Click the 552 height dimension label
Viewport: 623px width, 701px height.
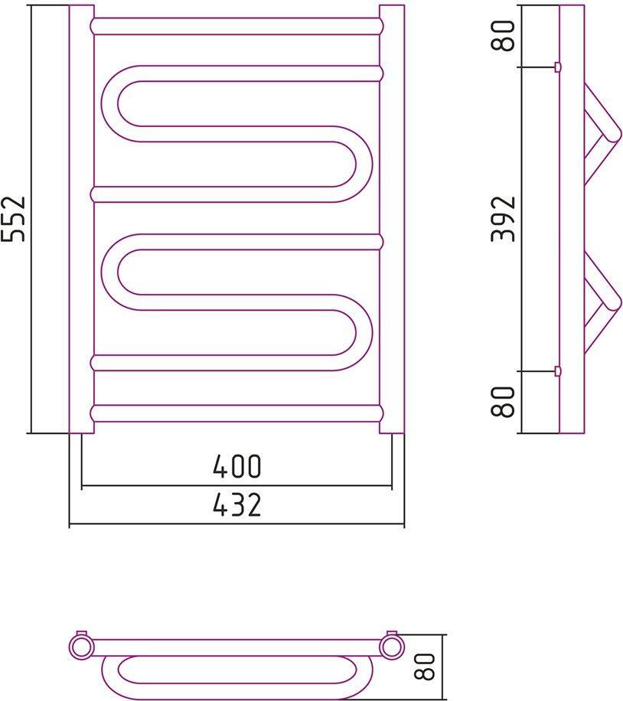[x=14, y=219]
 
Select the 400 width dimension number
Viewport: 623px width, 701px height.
[x=236, y=466]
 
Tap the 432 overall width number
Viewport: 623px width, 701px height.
[x=236, y=505]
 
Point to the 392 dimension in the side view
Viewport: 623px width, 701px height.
[x=503, y=219]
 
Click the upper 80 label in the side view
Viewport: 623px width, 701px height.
[x=503, y=36]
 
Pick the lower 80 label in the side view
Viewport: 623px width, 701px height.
[x=503, y=402]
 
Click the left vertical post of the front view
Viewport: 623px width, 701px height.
[x=82, y=219]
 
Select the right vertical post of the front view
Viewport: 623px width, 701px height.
[x=392, y=219]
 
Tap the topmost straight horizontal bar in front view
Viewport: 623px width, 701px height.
[x=236, y=26]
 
